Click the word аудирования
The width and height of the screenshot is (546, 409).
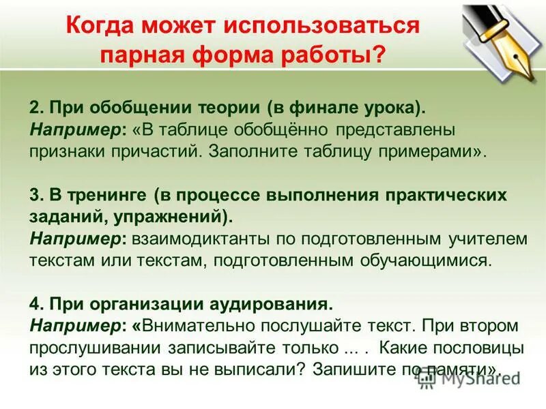(x=275, y=304)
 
